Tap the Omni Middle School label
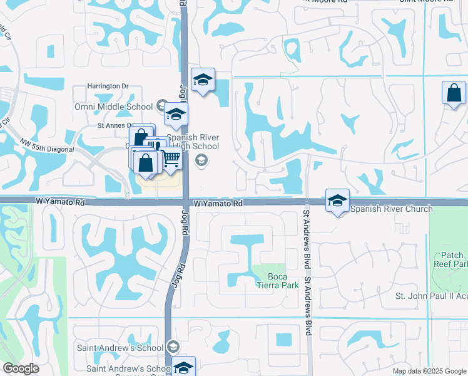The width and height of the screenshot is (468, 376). [x=114, y=105]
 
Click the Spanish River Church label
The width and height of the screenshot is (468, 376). [x=391, y=209]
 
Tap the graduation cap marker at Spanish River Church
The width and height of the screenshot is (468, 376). [x=337, y=201]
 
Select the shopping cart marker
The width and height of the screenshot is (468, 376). [x=171, y=159]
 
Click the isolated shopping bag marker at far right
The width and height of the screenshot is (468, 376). [x=454, y=93]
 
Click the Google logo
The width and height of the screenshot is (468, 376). [x=21, y=368]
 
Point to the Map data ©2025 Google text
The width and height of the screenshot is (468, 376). [x=429, y=371]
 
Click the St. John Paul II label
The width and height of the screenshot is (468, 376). [x=432, y=296]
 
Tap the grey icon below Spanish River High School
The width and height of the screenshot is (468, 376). [x=201, y=161]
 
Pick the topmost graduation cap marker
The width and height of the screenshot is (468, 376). [x=203, y=80]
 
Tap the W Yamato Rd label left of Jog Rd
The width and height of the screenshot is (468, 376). [x=59, y=203]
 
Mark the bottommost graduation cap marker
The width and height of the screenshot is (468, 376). [x=183, y=367]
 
